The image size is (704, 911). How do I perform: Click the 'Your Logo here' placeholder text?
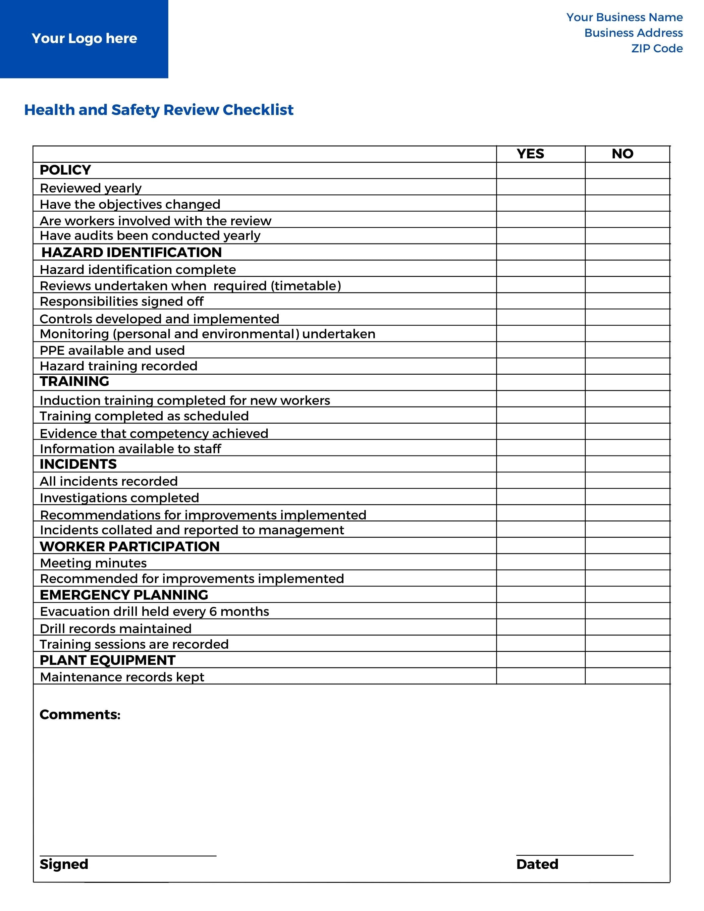[84, 38]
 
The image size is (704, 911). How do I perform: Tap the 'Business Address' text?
[633, 33]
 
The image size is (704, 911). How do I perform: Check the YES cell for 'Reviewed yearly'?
[541, 187]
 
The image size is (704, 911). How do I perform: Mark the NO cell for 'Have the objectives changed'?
[627, 203]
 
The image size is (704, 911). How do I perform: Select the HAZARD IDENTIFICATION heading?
[132, 252]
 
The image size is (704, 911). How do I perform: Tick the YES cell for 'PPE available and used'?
[541, 349]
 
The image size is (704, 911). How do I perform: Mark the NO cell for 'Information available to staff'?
[627, 448]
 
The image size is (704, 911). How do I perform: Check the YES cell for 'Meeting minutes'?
[541, 562]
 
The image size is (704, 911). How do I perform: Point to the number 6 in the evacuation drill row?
[213, 612]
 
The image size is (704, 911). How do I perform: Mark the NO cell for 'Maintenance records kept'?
[627, 676]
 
